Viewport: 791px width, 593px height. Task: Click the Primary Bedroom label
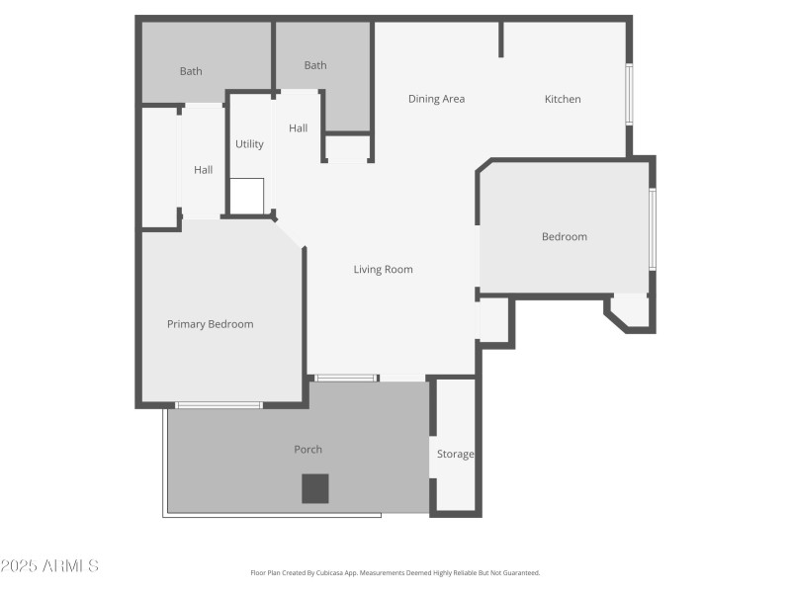[210, 324]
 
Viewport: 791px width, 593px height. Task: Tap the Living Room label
[384, 270]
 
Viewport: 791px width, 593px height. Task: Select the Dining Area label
[437, 99]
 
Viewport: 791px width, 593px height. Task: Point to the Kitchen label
[563, 99]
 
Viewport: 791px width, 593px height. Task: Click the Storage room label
[456, 455]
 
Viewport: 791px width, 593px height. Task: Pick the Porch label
[308, 450]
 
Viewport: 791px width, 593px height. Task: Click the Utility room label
[249, 144]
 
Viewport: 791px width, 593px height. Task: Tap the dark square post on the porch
[315, 488]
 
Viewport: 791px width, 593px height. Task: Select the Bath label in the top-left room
[191, 71]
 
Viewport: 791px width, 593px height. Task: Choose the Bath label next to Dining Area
[315, 66]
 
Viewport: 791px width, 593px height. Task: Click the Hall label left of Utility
[204, 170]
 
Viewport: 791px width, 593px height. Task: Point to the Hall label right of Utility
[299, 128]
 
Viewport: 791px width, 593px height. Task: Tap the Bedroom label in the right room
[565, 237]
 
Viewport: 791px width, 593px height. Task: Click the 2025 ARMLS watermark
[49, 566]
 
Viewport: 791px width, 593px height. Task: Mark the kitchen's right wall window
[629, 95]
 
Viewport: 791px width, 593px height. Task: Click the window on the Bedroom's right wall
[652, 229]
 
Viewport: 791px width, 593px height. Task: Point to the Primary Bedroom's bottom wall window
[219, 404]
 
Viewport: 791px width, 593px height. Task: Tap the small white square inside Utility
[247, 195]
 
